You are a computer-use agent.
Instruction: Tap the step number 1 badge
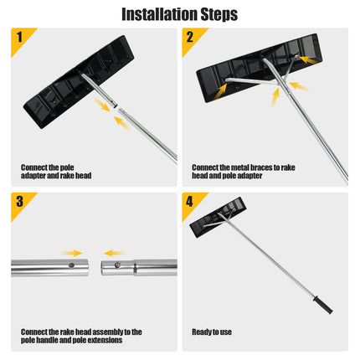pos(18,37)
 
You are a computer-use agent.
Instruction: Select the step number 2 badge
pos(190,37)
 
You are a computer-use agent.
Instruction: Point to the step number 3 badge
pos(18,201)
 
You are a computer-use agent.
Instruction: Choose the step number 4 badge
pos(190,201)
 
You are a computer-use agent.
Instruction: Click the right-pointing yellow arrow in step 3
pos(71,252)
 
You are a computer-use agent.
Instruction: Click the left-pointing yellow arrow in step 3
pos(113,252)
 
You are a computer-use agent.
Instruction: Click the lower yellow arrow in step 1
pos(123,123)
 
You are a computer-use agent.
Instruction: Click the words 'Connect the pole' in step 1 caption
pos(47,167)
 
